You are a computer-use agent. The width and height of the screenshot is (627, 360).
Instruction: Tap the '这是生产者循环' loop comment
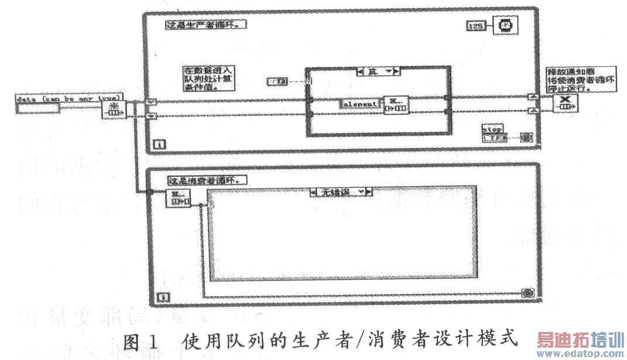[205, 25]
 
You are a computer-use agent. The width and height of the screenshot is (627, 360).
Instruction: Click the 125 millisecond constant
[475, 25]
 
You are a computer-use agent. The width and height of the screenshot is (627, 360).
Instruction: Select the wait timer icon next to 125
[503, 26]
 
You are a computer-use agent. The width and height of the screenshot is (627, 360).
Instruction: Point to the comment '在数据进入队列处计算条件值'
[207, 78]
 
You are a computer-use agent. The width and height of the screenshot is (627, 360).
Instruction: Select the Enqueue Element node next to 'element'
[396, 104]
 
